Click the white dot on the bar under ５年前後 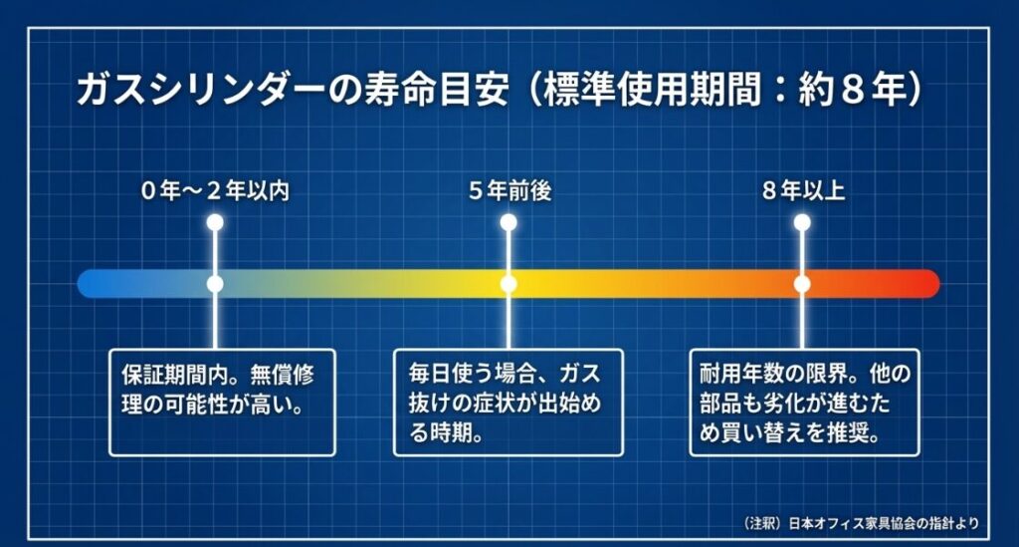click(x=509, y=284)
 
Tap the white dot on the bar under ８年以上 click(x=802, y=284)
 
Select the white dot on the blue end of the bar click(x=215, y=284)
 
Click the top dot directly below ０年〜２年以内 click(x=215, y=222)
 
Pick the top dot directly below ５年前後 click(x=509, y=222)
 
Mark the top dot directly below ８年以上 click(x=802, y=222)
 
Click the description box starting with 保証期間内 click(x=222, y=402)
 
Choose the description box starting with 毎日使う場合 click(x=509, y=402)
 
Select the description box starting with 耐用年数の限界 click(x=806, y=402)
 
